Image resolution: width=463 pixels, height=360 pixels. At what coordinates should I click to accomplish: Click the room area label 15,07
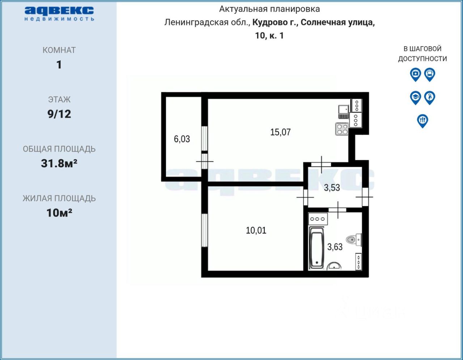(x=280, y=132)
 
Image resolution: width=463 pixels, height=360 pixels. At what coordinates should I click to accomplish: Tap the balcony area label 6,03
(x=182, y=139)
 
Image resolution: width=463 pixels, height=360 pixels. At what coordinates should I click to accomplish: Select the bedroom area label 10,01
(x=256, y=231)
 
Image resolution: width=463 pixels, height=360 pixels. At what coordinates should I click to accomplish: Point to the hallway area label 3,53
(x=332, y=188)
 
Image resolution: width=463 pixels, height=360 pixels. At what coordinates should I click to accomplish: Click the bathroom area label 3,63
(x=335, y=247)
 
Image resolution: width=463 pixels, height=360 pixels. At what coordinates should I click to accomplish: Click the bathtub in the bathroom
(x=317, y=248)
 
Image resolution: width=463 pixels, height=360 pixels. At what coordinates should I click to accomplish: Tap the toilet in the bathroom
(x=353, y=239)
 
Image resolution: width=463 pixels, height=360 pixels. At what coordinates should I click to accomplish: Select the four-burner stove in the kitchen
(x=342, y=129)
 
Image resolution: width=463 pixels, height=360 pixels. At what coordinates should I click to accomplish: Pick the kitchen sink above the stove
(x=343, y=109)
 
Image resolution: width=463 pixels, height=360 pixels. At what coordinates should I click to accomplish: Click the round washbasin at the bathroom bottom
(x=334, y=267)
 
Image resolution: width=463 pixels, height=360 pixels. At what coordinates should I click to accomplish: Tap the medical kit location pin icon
(x=415, y=74)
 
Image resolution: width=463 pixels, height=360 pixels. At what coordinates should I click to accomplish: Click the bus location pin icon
(x=429, y=74)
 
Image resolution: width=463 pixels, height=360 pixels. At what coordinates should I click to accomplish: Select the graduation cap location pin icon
(x=415, y=97)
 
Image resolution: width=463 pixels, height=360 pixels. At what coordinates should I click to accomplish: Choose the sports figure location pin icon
(x=429, y=97)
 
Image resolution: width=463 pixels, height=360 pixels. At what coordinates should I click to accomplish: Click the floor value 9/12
(x=59, y=114)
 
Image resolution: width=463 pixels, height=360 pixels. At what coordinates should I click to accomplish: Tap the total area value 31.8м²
(x=59, y=163)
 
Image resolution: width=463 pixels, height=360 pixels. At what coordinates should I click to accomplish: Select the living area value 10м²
(x=59, y=213)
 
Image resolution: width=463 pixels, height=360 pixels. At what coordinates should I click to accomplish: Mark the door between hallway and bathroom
(x=337, y=210)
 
